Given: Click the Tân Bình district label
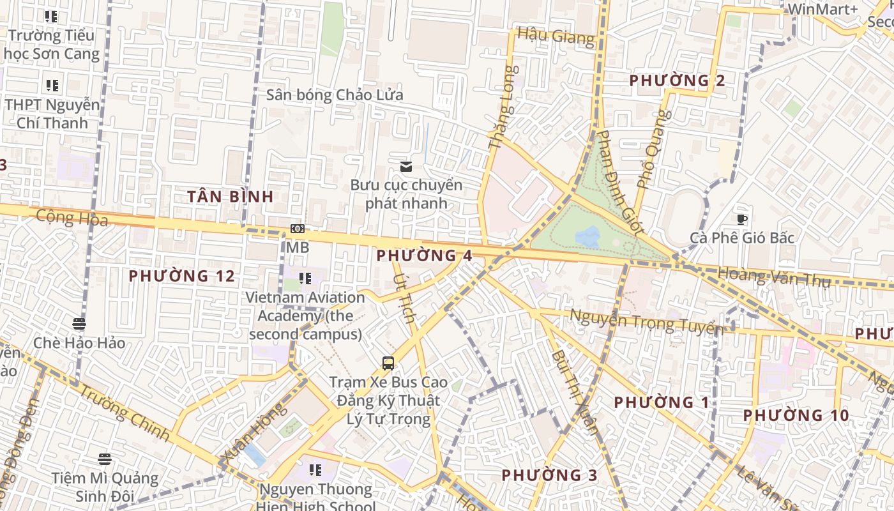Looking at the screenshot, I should pyautogui.click(x=231, y=197).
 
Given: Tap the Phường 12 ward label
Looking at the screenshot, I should pyautogui.click(x=182, y=277).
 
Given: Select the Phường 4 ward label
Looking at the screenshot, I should pyautogui.click(x=424, y=256).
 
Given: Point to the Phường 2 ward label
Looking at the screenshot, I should pyautogui.click(x=677, y=81).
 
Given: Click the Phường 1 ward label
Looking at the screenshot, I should pyautogui.click(x=662, y=402).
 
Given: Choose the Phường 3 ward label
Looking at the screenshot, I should pyautogui.click(x=549, y=475).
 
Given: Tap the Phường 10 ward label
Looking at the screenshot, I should pyautogui.click(x=796, y=416).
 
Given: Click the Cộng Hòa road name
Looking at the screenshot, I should pyautogui.click(x=72, y=217).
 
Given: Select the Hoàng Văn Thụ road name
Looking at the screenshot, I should pyautogui.click(x=773, y=277).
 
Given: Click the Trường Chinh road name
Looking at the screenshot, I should pyautogui.click(x=126, y=415).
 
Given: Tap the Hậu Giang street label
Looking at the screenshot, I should pyautogui.click(x=556, y=36).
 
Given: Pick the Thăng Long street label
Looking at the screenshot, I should pyautogui.click(x=501, y=109).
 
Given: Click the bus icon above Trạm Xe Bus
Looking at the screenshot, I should pyautogui.click(x=388, y=363).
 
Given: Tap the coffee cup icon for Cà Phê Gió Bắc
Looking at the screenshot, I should pyautogui.click(x=741, y=219).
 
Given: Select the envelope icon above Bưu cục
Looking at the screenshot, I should pyautogui.click(x=405, y=167).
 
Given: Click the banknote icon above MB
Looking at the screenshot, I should pyautogui.click(x=297, y=229).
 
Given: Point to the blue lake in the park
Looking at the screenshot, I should pyautogui.click(x=587, y=237).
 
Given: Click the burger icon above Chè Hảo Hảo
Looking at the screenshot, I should pyautogui.click(x=79, y=323).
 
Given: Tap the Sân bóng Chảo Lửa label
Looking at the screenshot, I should pyautogui.click(x=335, y=95).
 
